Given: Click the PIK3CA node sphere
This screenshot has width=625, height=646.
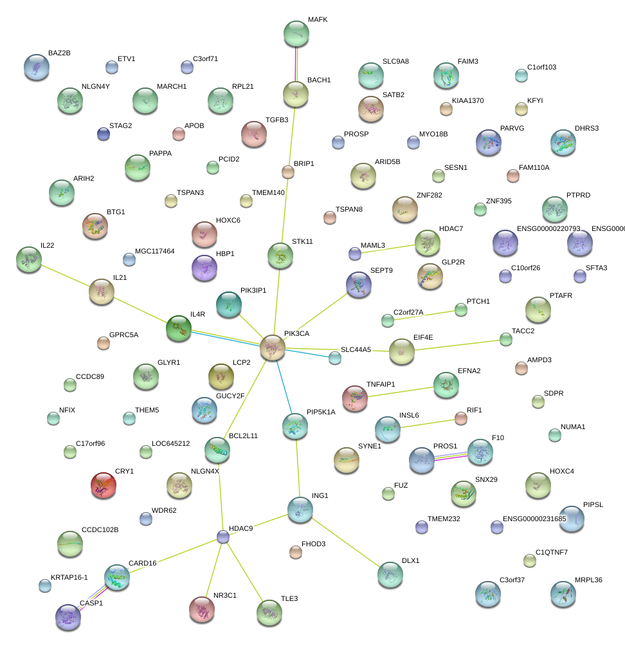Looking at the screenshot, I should (273, 347).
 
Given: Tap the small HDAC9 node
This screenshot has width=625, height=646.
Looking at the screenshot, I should (223, 537).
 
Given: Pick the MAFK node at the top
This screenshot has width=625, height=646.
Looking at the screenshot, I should (296, 33).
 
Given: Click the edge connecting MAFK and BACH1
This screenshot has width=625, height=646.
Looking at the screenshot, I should (296, 64).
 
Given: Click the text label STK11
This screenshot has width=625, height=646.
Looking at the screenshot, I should (302, 242).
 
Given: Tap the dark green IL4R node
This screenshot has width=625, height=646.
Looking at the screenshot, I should (179, 328).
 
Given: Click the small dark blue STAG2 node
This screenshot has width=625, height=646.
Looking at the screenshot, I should (103, 133).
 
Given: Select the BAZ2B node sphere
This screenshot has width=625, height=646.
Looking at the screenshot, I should (36, 67).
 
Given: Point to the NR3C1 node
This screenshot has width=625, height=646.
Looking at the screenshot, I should (202, 609).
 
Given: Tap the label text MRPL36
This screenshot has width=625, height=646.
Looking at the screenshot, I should (588, 580).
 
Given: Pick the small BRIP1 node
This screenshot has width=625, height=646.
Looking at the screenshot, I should (288, 172).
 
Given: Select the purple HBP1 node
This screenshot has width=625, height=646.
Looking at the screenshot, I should (204, 268).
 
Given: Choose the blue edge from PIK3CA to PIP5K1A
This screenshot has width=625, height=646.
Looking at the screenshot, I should (284, 385).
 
